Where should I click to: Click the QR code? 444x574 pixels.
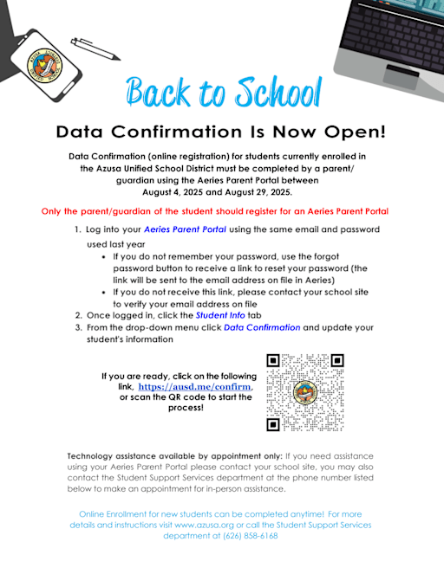pos(304,392)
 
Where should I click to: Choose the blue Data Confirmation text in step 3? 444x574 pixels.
pos(262,328)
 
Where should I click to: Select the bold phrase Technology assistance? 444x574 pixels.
pos(112,455)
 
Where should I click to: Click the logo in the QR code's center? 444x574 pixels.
pos(304,392)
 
